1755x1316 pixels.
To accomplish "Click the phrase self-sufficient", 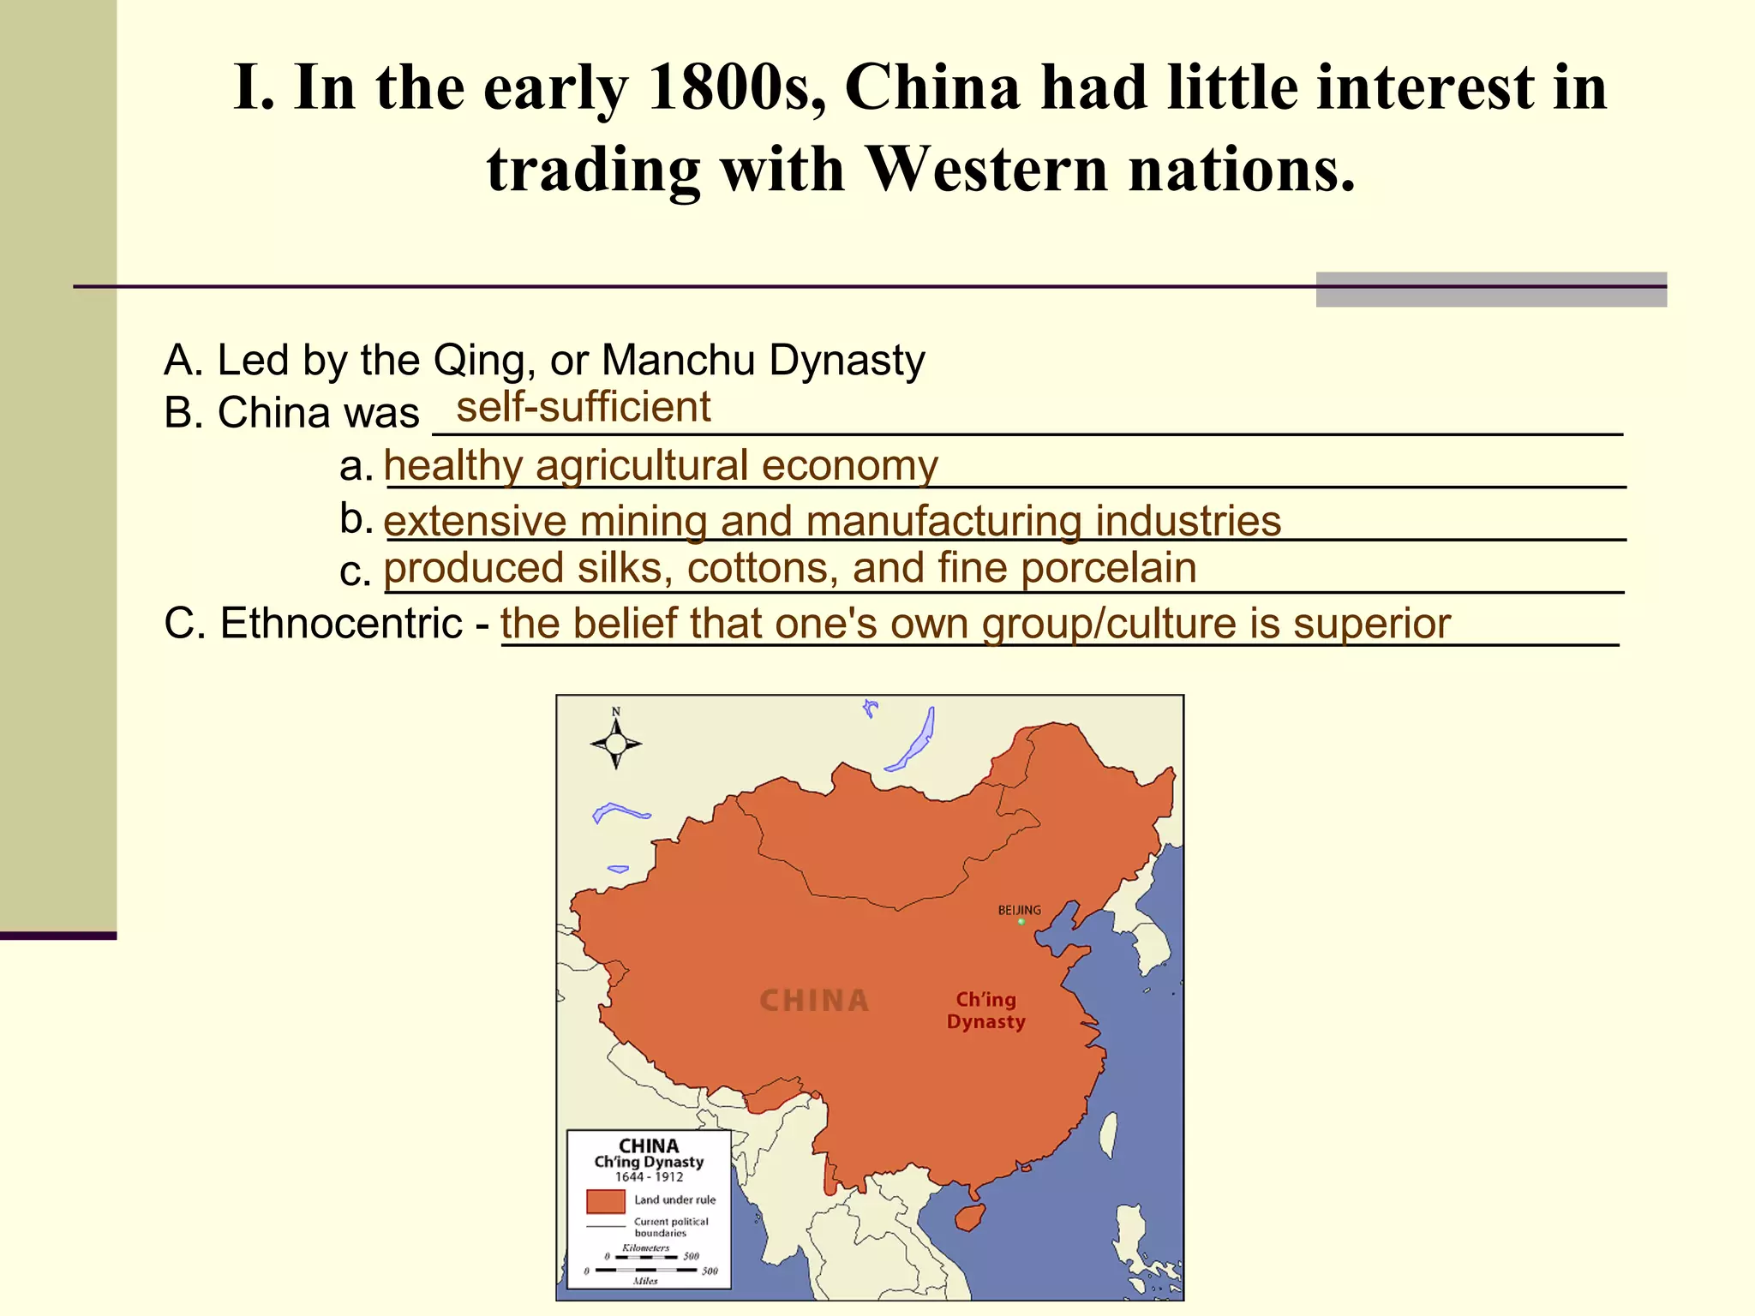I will (583, 407).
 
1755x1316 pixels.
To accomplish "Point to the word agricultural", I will (642, 466).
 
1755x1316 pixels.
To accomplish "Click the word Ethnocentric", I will (341, 623).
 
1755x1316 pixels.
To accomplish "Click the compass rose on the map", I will (615, 742).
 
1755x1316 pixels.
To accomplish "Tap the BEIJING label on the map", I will (1019, 910).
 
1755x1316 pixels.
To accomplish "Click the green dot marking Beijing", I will (1021, 922).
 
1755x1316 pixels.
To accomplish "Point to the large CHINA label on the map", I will (814, 1000).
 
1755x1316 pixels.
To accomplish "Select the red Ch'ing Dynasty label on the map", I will (985, 1010).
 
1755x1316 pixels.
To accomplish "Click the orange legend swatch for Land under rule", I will (605, 1201).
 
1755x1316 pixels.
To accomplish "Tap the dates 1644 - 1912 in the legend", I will (649, 1177).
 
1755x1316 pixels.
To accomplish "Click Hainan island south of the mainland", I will (970, 1216).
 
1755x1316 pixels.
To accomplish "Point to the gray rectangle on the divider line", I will (1490, 290).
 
